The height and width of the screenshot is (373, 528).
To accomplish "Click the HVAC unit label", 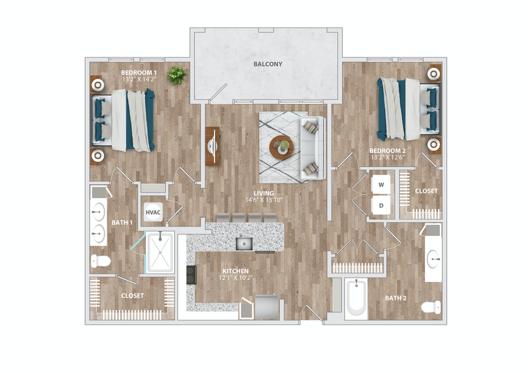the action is click(x=153, y=212).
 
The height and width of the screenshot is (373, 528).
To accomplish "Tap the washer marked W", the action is click(x=381, y=185).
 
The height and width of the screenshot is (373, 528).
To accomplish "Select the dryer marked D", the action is click(x=381, y=205).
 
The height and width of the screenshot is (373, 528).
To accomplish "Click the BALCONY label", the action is click(x=267, y=64).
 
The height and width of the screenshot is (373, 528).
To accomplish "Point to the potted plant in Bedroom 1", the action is click(x=177, y=75).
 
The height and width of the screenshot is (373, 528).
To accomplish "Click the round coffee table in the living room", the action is click(x=281, y=148).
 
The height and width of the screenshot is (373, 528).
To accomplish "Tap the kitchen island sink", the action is click(x=244, y=243).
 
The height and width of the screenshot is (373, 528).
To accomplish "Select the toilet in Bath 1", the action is click(x=101, y=261).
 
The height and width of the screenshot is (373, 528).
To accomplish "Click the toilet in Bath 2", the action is click(x=431, y=307).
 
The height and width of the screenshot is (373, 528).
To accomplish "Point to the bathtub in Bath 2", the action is click(x=356, y=299).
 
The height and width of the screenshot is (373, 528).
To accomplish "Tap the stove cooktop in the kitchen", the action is click(x=192, y=275).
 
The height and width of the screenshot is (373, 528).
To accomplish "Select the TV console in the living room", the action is click(x=212, y=146).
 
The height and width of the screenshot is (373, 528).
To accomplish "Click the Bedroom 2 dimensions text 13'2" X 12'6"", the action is click(x=388, y=157).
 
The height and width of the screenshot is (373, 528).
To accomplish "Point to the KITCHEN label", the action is click(x=235, y=271).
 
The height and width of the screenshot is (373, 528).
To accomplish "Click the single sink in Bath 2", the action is click(x=433, y=259).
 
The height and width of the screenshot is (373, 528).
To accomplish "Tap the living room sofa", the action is click(x=312, y=148).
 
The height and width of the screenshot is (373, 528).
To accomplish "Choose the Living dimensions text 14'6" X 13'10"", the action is click(x=264, y=200).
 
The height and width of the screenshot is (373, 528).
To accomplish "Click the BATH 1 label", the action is click(x=122, y=223).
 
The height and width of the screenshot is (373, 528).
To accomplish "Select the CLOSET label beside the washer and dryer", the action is click(x=426, y=191).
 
